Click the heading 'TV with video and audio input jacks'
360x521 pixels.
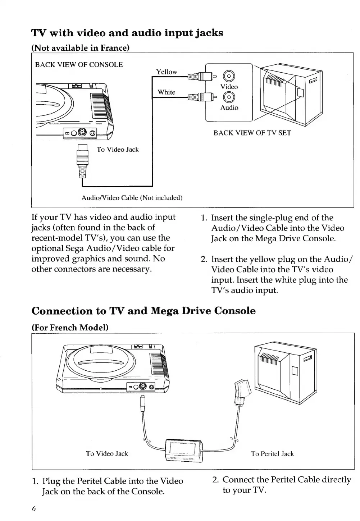127,33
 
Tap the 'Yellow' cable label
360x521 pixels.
167,72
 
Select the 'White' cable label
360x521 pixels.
167,92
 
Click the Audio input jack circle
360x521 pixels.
229,97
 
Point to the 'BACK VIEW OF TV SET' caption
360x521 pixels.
252,133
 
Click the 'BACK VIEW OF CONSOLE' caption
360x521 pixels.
79,65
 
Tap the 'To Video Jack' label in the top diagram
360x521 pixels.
118,150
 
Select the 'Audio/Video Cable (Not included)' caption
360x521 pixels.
132,198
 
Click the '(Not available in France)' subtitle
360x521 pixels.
80,48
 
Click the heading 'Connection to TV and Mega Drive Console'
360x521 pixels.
143,311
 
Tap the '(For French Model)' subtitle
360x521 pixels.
70,328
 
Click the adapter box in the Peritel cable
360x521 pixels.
183,450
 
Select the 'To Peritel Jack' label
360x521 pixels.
272,454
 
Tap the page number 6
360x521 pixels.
34,508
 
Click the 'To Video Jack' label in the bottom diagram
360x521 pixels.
107,454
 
